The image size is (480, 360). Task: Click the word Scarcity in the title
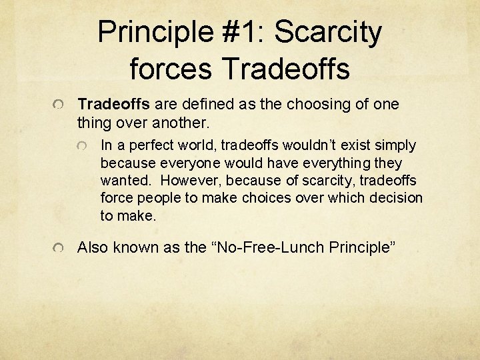(x=328, y=33)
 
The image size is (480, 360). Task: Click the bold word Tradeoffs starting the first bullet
(x=115, y=105)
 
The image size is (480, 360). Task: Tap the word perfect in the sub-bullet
(x=143, y=145)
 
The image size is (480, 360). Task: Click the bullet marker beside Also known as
(x=60, y=249)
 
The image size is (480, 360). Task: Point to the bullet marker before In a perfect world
(x=83, y=146)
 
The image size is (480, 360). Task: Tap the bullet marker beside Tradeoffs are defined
(x=60, y=105)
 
